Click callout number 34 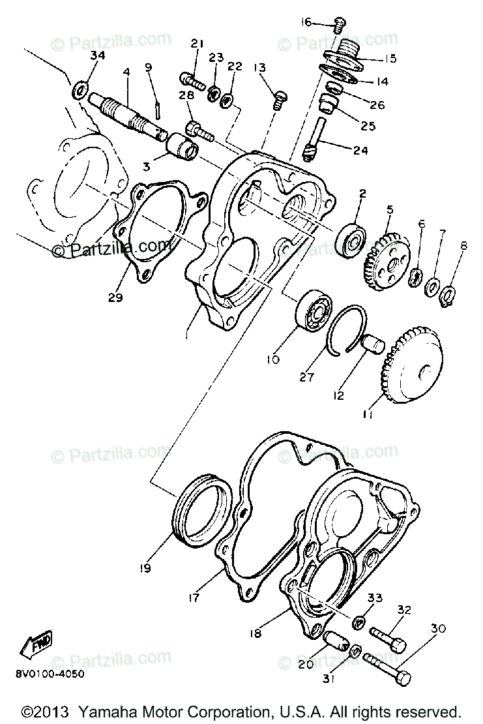click(x=96, y=56)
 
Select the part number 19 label click(x=144, y=567)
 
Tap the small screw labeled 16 click(x=338, y=26)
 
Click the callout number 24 click(x=360, y=150)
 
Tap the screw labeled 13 click(x=279, y=100)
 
